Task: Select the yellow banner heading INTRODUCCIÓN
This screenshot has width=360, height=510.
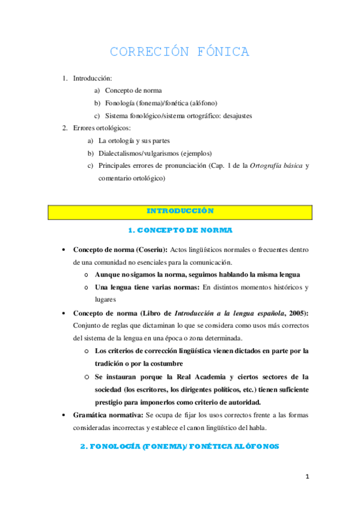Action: point(180,211)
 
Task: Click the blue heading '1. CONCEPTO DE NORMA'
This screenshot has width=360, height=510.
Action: point(180,230)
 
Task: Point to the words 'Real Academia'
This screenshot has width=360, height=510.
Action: point(196,377)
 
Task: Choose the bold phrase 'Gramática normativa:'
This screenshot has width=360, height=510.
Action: point(108,416)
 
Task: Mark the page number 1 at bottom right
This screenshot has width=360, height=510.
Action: point(307,477)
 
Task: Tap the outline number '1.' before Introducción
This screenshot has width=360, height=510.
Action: point(66,78)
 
